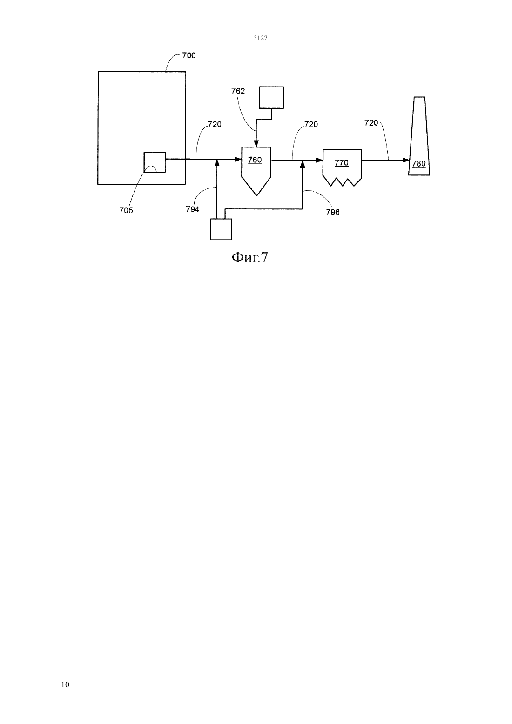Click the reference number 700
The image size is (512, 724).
(x=189, y=55)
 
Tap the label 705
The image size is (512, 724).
(x=126, y=210)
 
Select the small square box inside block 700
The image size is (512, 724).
(x=155, y=162)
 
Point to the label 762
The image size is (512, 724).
(x=238, y=91)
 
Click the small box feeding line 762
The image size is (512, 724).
(x=271, y=97)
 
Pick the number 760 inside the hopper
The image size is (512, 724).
(x=255, y=160)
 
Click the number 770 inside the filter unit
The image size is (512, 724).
(x=341, y=162)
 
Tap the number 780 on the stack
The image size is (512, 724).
(x=419, y=163)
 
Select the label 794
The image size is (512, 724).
(x=192, y=209)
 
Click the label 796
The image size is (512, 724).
(x=333, y=212)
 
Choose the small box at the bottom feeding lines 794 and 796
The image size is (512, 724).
(x=221, y=229)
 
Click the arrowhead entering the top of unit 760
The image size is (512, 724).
(x=256, y=144)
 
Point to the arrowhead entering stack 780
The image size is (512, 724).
(x=406, y=160)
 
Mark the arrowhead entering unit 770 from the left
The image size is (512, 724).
(x=319, y=160)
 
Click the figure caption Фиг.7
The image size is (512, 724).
(x=250, y=258)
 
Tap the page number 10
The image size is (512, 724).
(x=65, y=684)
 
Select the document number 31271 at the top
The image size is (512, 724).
(x=262, y=38)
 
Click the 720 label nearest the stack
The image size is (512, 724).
(x=371, y=123)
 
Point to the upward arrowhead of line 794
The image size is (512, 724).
(x=217, y=162)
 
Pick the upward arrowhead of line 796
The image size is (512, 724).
(x=303, y=163)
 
